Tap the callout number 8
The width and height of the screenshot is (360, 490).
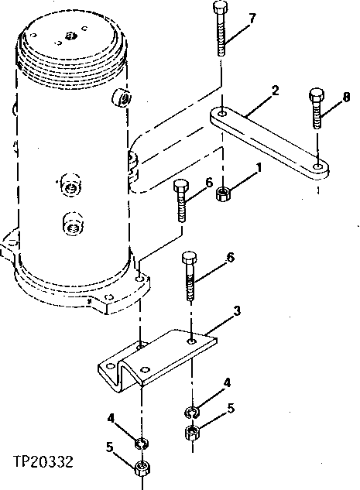pos(346,97)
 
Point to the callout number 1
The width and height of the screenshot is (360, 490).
pos(259,166)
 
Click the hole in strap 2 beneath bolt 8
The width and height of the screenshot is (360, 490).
pos(317,165)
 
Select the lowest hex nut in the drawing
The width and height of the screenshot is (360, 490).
pos(141,468)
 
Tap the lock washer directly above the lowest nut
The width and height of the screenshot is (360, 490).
pos(141,444)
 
